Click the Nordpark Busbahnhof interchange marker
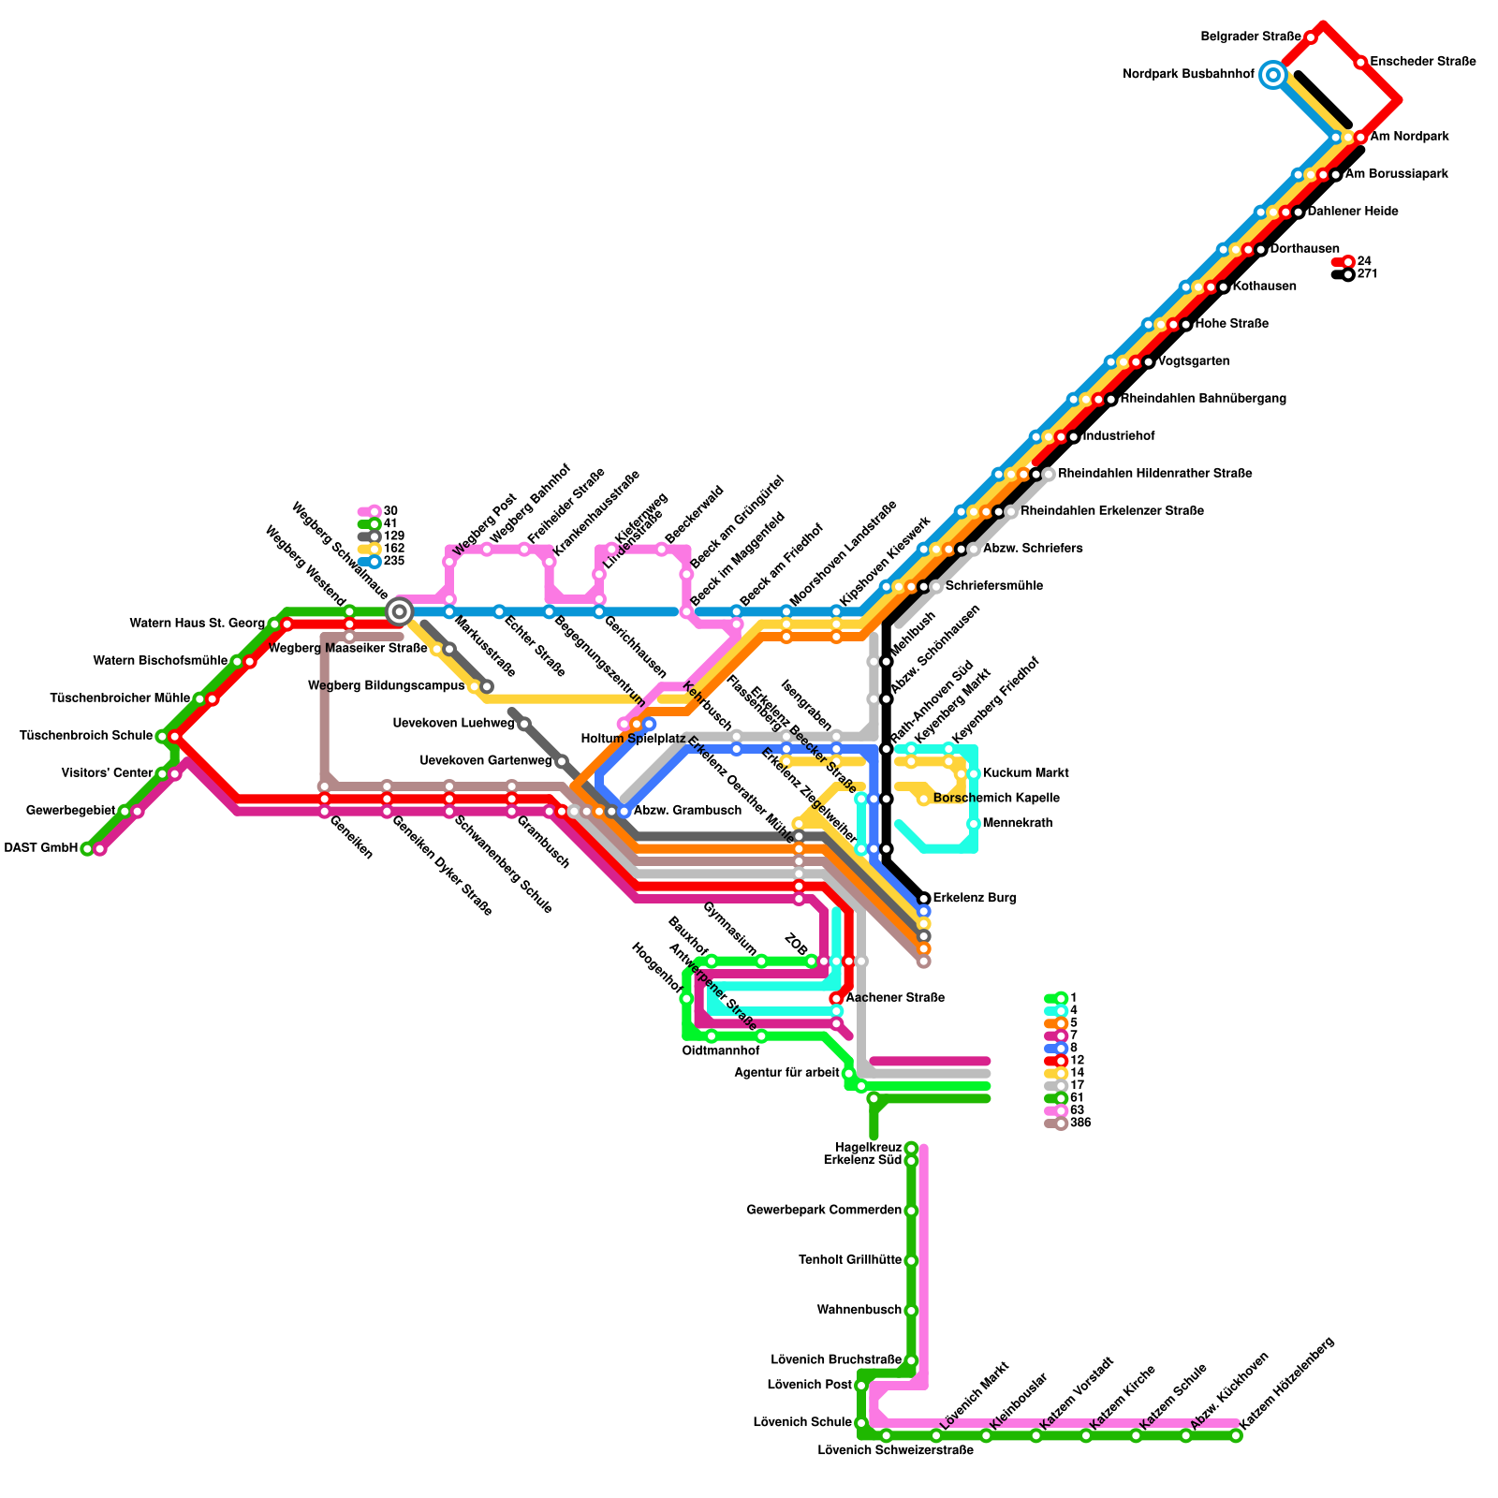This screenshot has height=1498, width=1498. coord(1272,74)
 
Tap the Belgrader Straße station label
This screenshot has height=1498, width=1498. coord(1243,37)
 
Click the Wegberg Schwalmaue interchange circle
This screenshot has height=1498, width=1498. coord(400,611)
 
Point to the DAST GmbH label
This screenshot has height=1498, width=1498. coord(40,848)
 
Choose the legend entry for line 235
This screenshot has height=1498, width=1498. coord(382,561)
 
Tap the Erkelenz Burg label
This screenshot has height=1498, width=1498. coord(974,898)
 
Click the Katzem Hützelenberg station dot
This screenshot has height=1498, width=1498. coord(1236,1436)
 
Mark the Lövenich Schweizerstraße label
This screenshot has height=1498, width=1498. coord(895,1450)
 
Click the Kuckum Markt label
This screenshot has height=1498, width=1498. coord(1025,773)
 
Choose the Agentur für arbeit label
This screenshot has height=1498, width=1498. coord(786,1073)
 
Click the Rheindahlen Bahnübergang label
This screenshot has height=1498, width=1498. coord(1203,399)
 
